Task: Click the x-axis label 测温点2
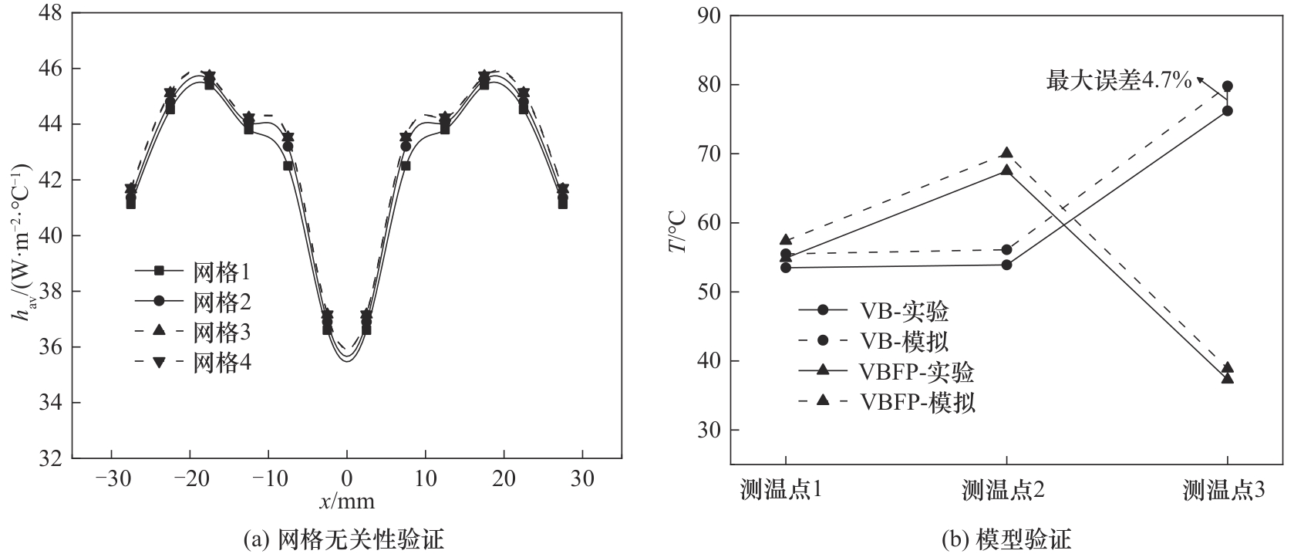pos(1006,489)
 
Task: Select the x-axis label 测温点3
pos(1226,489)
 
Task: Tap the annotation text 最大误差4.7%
pos(1118,79)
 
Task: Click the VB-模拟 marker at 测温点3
pos(1227,86)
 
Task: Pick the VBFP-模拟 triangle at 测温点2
pos(1006,153)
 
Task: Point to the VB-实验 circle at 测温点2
pos(1006,265)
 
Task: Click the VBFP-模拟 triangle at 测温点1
pos(786,239)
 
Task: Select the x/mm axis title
pos(347,502)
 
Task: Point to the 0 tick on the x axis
pos(347,478)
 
